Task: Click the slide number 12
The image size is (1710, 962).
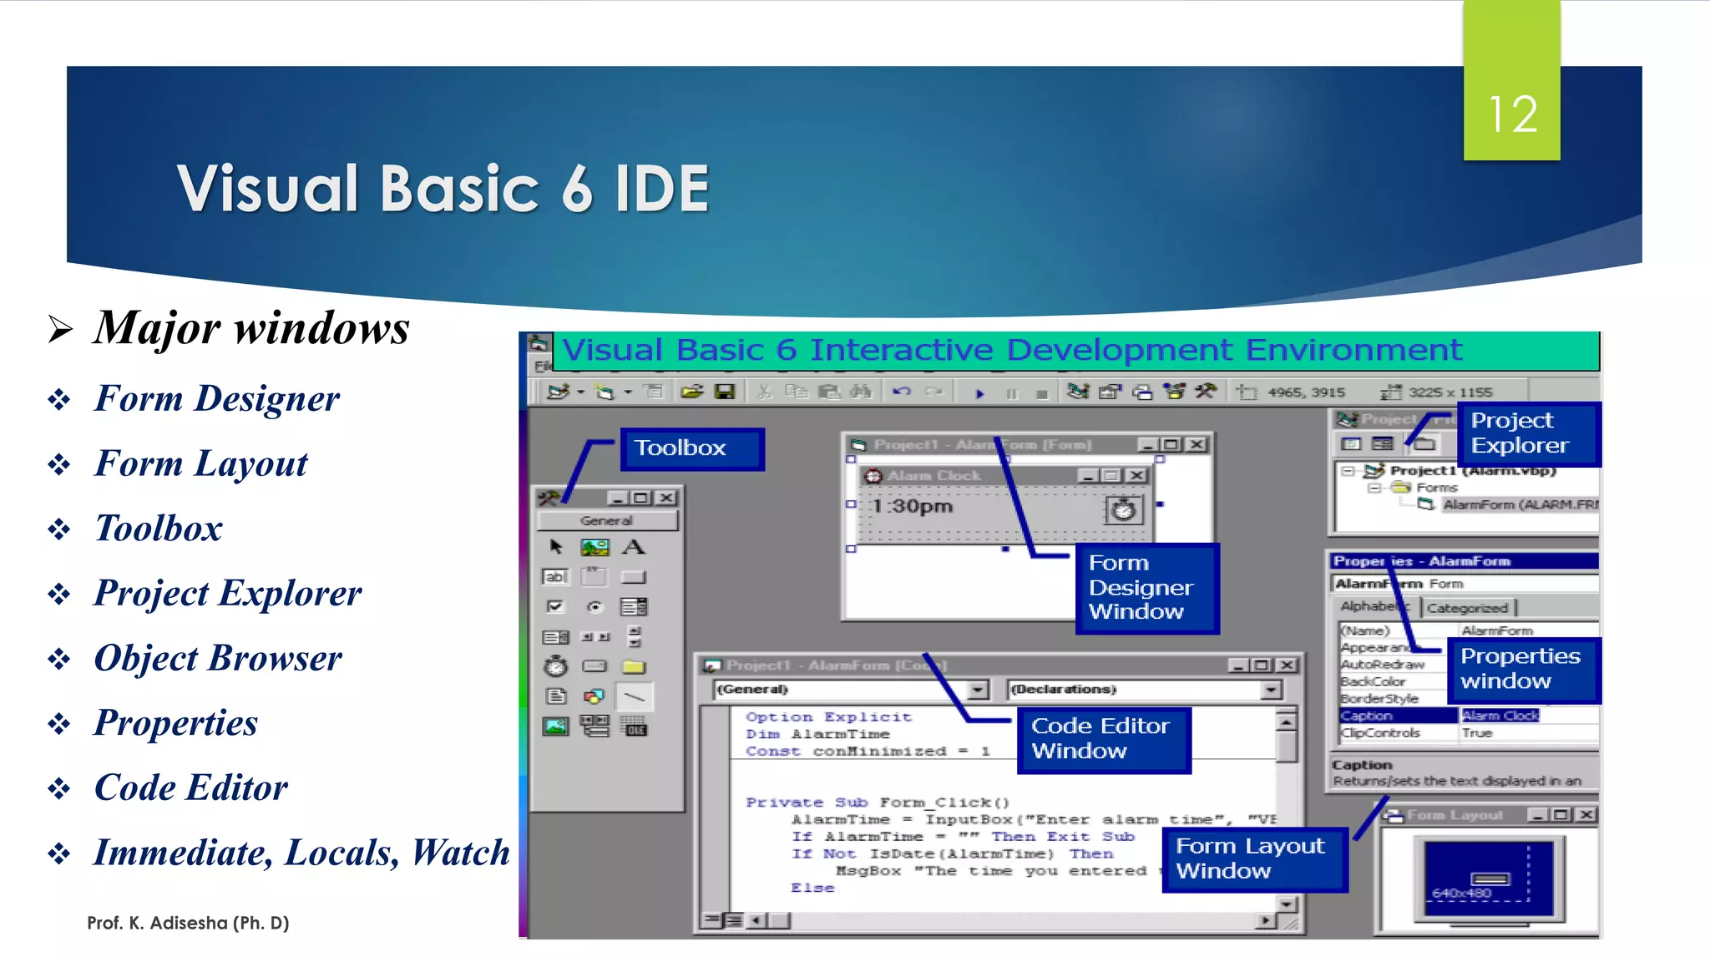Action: coord(1511,114)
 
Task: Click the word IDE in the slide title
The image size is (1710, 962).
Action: coord(661,189)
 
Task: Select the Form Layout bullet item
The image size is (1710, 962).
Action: coord(200,463)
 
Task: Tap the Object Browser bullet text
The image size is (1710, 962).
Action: coord(217,658)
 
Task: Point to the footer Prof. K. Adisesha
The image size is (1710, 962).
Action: coord(188,923)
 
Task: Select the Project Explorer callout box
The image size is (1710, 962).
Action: coord(1526,433)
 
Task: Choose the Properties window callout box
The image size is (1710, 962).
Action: coord(1521,668)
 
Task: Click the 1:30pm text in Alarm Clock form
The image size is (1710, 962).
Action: coord(912,506)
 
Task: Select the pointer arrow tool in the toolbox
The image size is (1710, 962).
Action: coord(556,547)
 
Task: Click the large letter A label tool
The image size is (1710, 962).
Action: coord(634,547)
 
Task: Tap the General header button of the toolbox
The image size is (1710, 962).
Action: coord(607,520)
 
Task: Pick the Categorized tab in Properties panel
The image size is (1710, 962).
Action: coord(1467,608)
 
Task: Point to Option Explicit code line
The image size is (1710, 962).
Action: coord(828,716)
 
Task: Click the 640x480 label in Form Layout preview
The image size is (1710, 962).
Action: coord(1461,893)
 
